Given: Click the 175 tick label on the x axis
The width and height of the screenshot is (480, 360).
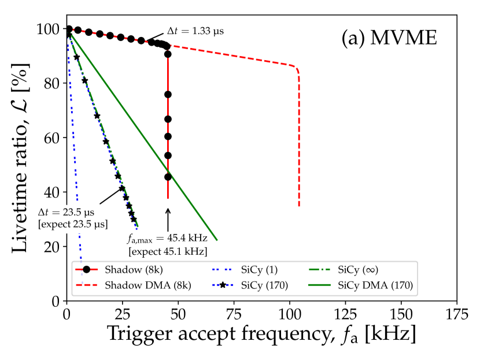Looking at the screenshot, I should point(456,313).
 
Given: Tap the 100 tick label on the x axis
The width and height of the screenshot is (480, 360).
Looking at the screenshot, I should point(289,313).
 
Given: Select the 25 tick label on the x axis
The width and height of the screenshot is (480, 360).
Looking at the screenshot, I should point(123,313).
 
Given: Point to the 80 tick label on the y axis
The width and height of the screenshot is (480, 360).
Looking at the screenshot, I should point(51,83).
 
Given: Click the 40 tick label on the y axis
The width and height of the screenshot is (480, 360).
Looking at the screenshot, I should point(51,192).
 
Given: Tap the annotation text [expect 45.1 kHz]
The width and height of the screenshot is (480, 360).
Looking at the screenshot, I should point(168,251).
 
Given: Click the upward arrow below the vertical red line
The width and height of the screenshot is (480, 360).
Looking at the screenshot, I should point(168,220).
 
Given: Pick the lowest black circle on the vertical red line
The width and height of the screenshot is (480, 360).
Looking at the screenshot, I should point(168,177).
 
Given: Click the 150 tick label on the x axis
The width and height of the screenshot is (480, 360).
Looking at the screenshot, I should point(401,313).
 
